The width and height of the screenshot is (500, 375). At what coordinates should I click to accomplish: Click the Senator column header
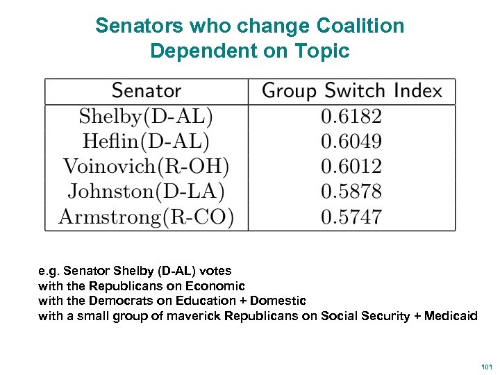click(146, 91)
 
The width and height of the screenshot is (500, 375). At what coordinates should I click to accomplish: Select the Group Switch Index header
click(351, 91)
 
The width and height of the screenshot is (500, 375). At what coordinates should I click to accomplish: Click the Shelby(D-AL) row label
click(146, 116)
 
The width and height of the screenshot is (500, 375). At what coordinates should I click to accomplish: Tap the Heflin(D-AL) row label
click(146, 142)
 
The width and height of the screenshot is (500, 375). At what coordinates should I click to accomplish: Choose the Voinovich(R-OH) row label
click(146, 167)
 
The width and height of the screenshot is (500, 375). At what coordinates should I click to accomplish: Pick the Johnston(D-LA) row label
click(146, 192)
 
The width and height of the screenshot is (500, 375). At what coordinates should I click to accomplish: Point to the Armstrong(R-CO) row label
click(146, 217)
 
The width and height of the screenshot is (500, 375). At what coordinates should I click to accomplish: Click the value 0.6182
click(351, 116)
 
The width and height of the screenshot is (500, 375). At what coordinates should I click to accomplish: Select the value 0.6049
click(351, 142)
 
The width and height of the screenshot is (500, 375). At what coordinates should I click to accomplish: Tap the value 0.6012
click(351, 167)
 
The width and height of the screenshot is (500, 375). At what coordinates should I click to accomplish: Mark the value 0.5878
click(351, 192)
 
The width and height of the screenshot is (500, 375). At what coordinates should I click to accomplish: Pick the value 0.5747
click(351, 217)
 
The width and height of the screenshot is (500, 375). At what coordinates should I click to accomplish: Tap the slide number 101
click(486, 365)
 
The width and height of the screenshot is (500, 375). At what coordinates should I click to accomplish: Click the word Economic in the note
click(215, 285)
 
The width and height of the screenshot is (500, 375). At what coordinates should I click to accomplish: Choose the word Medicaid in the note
click(452, 316)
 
